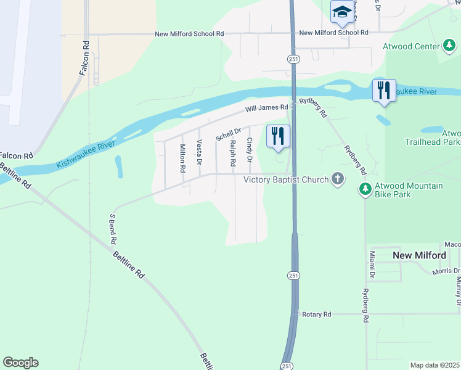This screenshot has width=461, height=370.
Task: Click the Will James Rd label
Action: (x=266, y=108)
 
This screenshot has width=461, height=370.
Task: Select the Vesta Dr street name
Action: (x=199, y=152)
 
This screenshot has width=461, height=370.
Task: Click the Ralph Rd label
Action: (x=233, y=154)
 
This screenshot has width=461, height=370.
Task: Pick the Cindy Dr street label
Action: (x=250, y=150)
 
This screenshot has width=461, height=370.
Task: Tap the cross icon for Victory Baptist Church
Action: (x=337, y=179)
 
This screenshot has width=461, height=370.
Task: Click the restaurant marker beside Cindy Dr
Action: (x=278, y=136)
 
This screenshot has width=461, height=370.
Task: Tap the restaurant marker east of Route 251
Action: (x=383, y=91)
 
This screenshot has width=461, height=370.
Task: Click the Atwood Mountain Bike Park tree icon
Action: (x=365, y=189)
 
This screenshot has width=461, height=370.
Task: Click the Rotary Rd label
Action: (x=317, y=314)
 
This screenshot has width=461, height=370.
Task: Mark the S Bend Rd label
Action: (x=113, y=229)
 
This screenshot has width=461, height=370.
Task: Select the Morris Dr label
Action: (x=446, y=271)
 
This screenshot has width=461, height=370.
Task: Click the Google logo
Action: (x=20, y=363)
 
